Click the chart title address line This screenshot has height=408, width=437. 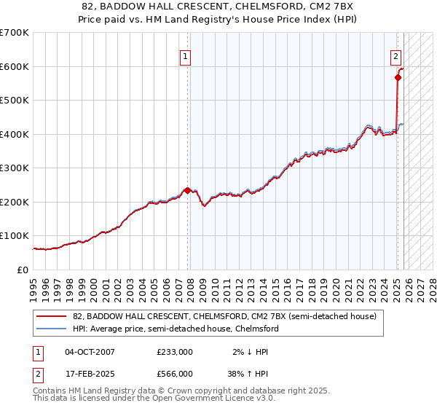click(219, 7)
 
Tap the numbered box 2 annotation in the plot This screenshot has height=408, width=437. click(395, 55)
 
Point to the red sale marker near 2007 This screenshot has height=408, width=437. click(187, 190)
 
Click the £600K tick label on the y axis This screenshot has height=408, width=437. click(15, 66)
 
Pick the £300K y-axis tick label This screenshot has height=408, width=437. click(15, 168)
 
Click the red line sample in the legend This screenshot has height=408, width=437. click(52, 316)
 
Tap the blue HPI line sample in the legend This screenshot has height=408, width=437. click(52, 329)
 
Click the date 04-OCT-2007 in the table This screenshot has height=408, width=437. click(90, 351)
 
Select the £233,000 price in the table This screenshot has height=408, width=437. click(174, 351)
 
